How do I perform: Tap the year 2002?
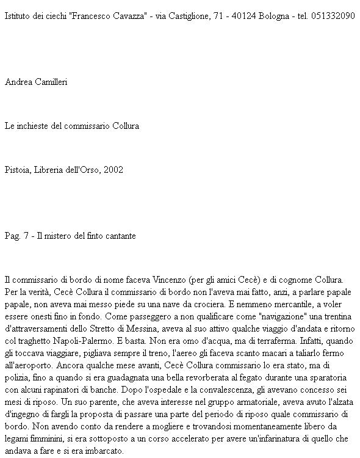113,170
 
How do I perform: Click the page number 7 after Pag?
26,236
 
